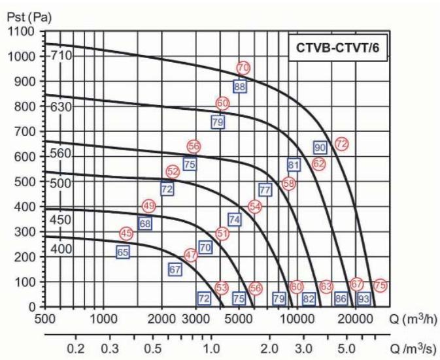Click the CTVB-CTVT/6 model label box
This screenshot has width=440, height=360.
339,48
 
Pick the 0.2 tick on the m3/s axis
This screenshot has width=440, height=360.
76,346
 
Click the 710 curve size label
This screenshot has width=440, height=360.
61,55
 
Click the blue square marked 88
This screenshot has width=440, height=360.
240,86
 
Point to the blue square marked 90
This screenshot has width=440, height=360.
320,147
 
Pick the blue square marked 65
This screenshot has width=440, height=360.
123,252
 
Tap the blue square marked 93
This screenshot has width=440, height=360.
364,298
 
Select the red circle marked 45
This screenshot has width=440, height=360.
127,233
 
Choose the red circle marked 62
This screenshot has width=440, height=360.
318,164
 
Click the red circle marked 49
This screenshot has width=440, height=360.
148,206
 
